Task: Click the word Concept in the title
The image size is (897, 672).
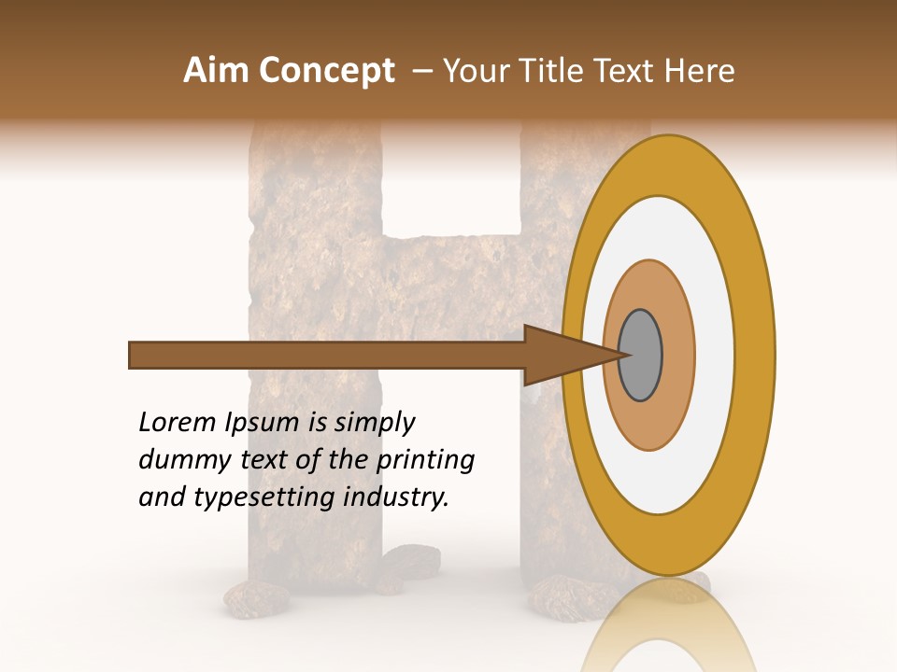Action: pos(327,71)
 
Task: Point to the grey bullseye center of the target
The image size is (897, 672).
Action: pos(640,355)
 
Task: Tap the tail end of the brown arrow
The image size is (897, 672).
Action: pos(132,356)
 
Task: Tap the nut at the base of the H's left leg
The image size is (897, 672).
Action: pos(254,600)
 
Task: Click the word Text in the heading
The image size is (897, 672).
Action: pos(630,71)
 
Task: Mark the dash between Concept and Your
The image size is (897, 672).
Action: pos(422,71)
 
